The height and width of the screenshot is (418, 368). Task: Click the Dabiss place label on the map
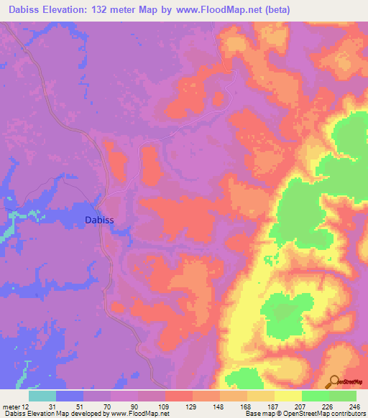coord(100,221)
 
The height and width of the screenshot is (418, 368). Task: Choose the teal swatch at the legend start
coord(42,396)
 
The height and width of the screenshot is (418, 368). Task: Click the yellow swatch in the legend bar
coord(287,396)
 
